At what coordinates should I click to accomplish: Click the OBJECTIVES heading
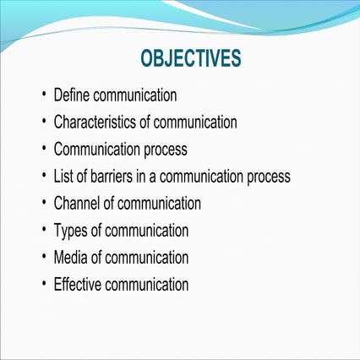(x=191, y=58)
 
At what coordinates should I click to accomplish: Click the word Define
(x=72, y=95)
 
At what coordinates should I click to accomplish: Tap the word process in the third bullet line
(x=166, y=150)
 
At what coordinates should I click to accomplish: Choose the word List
(x=64, y=177)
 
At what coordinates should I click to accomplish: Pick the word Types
(x=70, y=231)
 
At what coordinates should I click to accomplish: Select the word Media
(x=71, y=257)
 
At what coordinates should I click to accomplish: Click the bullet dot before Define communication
(x=43, y=95)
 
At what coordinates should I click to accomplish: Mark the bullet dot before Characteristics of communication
(x=43, y=123)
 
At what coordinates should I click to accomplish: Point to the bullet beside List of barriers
(x=43, y=177)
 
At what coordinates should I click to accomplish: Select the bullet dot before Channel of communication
(x=43, y=204)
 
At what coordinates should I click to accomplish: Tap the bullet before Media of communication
(x=43, y=257)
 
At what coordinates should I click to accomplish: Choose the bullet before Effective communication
(x=43, y=284)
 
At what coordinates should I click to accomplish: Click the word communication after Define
(x=135, y=95)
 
